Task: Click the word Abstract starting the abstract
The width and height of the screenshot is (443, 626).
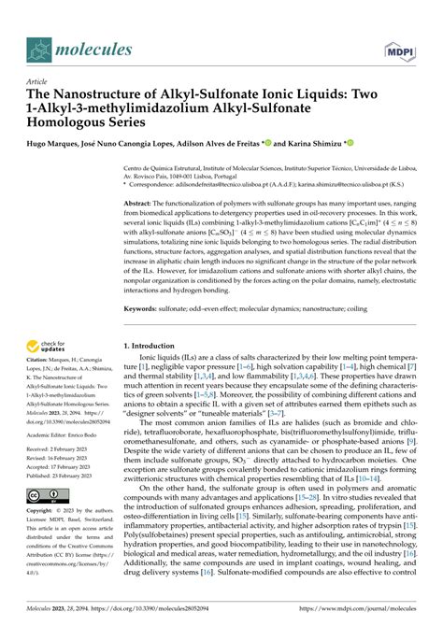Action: pos(142,202)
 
